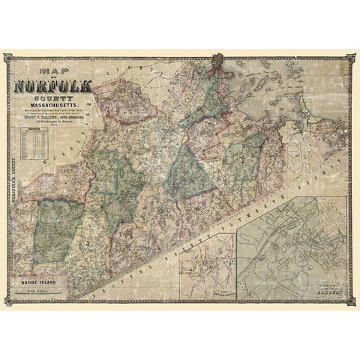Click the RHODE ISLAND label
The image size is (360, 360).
point(34,281)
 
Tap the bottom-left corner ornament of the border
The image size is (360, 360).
point(8,302)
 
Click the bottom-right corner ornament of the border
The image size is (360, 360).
point(352,302)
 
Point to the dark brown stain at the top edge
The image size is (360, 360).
point(218,57)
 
